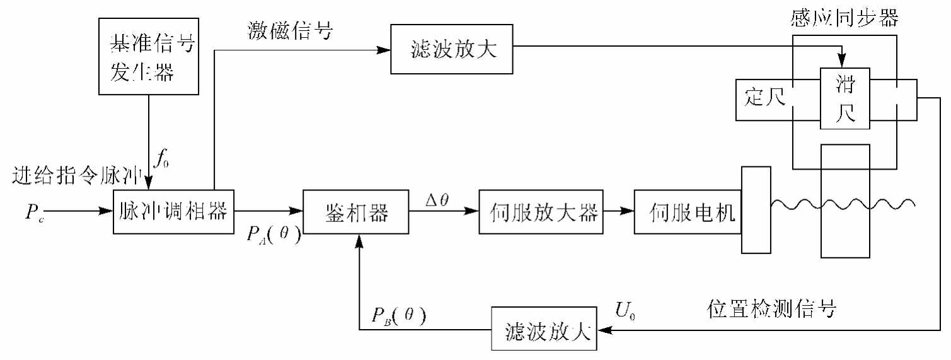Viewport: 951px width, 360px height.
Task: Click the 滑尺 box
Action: coord(844,98)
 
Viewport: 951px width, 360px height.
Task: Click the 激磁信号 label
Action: coord(291,32)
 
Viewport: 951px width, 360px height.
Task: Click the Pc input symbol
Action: coord(35,214)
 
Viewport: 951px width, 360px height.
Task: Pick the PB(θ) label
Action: coord(399,315)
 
